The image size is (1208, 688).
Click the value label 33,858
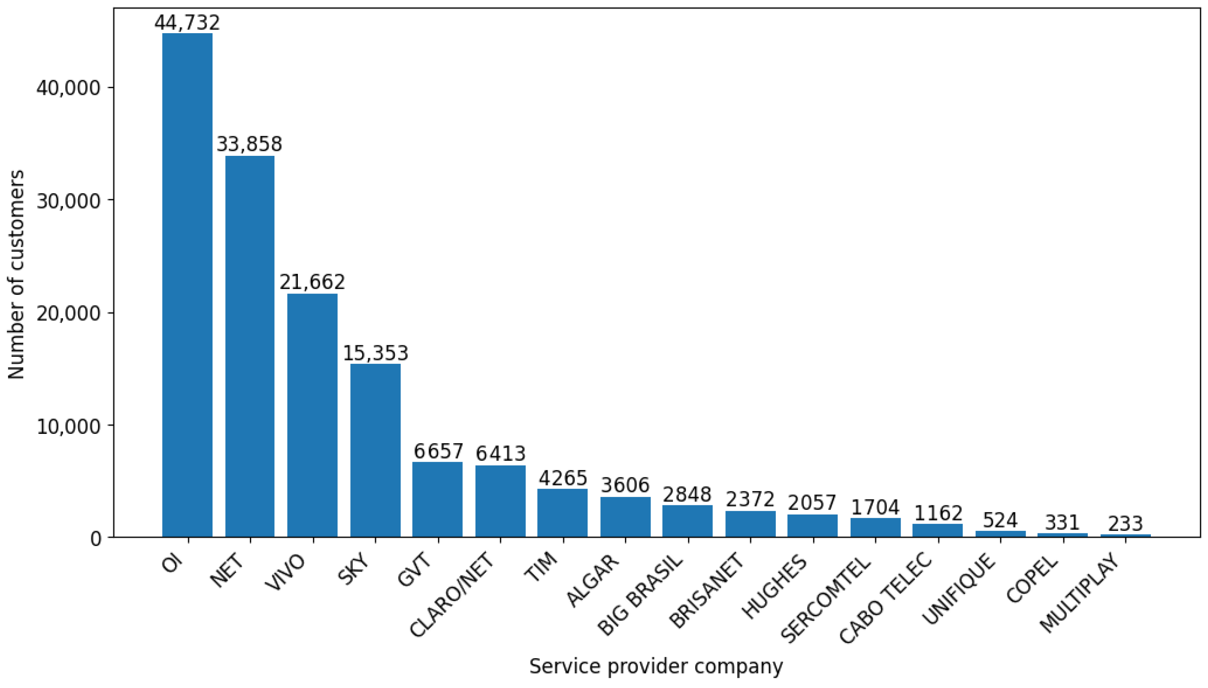(x=249, y=144)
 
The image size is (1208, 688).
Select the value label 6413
(x=500, y=454)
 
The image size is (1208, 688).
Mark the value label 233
(x=1125, y=523)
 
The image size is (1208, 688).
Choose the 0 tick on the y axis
(x=96, y=538)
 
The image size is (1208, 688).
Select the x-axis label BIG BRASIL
(x=640, y=594)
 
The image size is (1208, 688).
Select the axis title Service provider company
(x=656, y=666)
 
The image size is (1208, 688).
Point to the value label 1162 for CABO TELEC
(x=938, y=514)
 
